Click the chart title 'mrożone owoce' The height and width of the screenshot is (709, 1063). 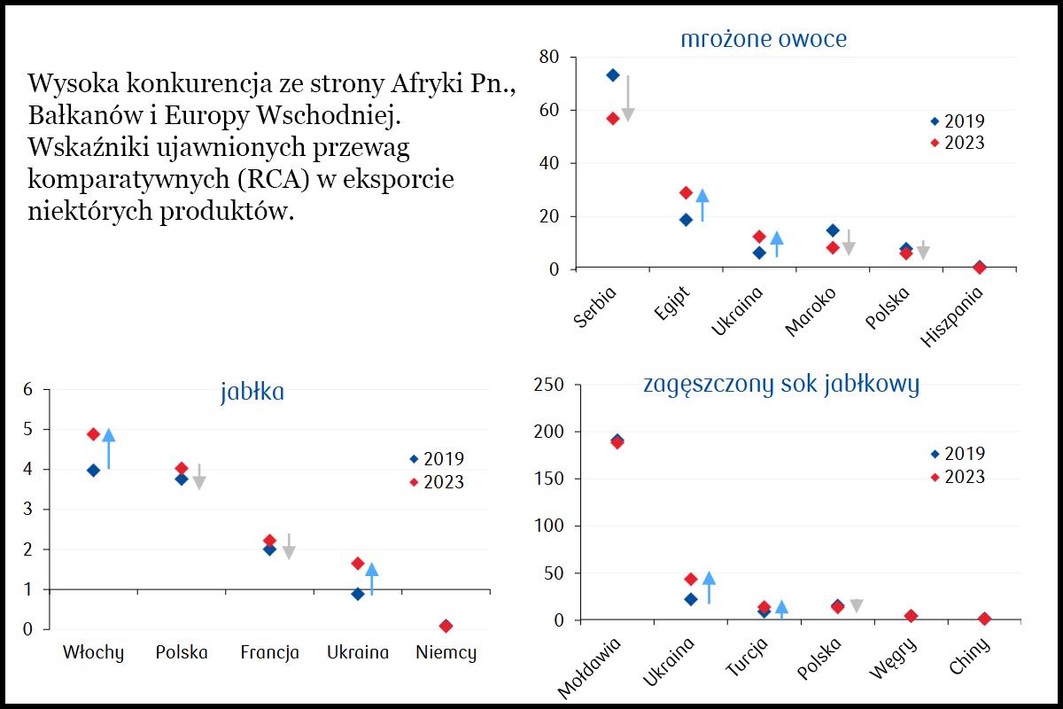coord(763,39)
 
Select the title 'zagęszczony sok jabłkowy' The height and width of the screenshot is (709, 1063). coord(780,384)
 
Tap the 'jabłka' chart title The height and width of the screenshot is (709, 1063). coord(252,392)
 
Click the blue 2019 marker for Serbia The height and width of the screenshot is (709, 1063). coord(612,75)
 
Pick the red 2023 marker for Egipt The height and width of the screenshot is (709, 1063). coord(686,192)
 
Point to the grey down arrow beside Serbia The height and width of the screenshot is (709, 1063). coord(628,97)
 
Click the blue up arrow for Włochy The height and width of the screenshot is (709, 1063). coord(109,448)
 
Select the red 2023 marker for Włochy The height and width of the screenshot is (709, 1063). coord(93,434)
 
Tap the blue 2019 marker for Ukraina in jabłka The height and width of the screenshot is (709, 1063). coord(358,594)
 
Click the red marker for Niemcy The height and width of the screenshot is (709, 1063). coord(446,626)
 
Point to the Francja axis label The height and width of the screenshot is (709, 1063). coord(269,653)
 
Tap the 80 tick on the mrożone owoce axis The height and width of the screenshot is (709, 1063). coord(549,58)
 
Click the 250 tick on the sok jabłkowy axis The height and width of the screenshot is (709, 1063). coord(546,386)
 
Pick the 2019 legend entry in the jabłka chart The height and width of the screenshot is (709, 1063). coord(443,459)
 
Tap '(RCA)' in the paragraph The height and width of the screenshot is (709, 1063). coord(265,179)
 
